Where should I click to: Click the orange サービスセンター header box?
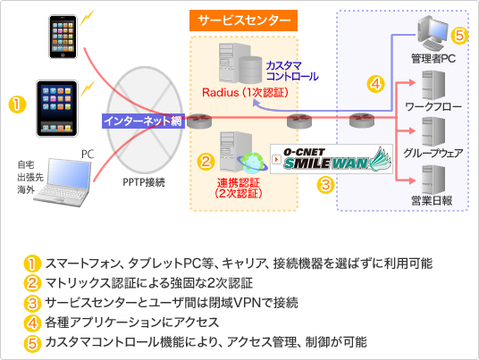[x=243, y=21]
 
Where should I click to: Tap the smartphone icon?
[x=63, y=37]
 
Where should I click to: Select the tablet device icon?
[x=57, y=108]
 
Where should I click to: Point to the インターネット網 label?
[x=143, y=121]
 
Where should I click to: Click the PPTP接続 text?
[x=144, y=182]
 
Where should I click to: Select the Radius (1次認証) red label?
[x=245, y=92]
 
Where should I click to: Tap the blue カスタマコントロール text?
[x=292, y=71]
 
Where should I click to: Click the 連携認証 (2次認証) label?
[x=239, y=188]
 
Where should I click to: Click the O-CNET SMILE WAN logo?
[x=332, y=159]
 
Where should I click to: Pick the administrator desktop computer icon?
[x=433, y=33]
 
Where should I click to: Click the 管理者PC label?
[x=433, y=58]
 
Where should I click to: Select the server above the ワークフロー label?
[x=433, y=85]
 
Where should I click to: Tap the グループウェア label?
[x=433, y=153]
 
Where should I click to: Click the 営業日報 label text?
[x=432, y=201]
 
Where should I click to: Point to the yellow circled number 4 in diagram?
[x=375, y=84]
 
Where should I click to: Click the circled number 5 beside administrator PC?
[x=459, y=36]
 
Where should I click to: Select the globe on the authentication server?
[x=252, y=163]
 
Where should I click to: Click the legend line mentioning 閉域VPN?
[x=172, y=303]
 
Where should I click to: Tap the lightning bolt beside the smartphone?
[x=87, y=18]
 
